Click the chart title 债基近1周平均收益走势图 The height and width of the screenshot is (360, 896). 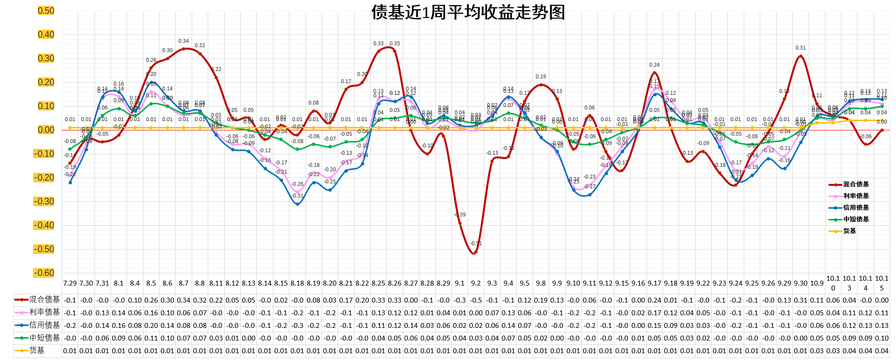[468, 12]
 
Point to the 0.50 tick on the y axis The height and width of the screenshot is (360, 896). [46, 11]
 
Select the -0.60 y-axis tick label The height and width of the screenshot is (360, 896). [46, 273]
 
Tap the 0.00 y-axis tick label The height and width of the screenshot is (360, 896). [46, 130]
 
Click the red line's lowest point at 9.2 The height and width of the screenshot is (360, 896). [475, 252]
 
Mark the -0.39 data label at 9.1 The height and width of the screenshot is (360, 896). [460, 215]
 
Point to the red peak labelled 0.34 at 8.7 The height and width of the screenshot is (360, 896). [183, 49]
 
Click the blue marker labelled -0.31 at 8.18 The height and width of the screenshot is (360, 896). [297, 204]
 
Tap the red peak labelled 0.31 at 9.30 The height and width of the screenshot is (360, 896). [801, 56]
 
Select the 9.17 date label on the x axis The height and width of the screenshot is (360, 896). [654, 283]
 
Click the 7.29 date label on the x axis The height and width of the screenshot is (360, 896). [70, 283]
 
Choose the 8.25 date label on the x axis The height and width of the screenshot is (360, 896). [378, 283]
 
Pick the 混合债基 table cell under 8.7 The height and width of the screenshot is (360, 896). [183, 300]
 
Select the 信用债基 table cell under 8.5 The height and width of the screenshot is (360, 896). [151, 325]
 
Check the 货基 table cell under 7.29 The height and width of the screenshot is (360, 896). [70, 351]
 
